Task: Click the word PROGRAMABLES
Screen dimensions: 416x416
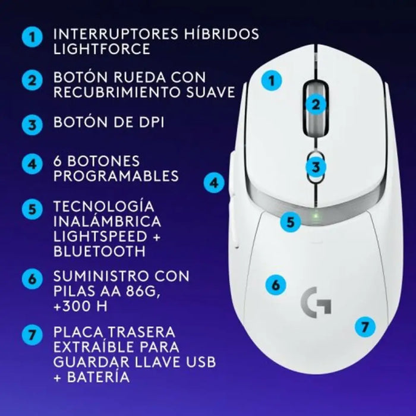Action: (x=116, y=176)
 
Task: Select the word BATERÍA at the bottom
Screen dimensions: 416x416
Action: (x=97, y=378)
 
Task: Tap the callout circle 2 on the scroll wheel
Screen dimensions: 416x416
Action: (x=317, y=105)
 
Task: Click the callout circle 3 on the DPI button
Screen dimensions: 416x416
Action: (x=317, y=167)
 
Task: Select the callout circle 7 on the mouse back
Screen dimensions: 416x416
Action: (x=365, y=326)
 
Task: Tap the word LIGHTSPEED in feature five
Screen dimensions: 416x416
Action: (x=99, y=236)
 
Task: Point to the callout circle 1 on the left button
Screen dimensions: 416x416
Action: (x=272, y=80)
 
